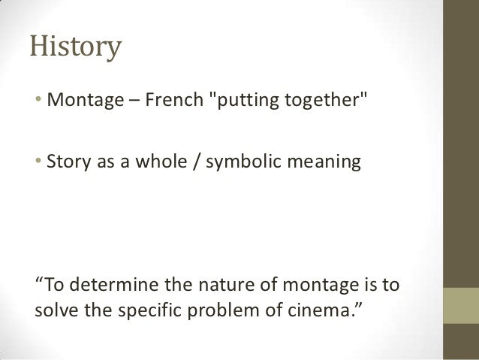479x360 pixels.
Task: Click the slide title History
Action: (x=75, y=49)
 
